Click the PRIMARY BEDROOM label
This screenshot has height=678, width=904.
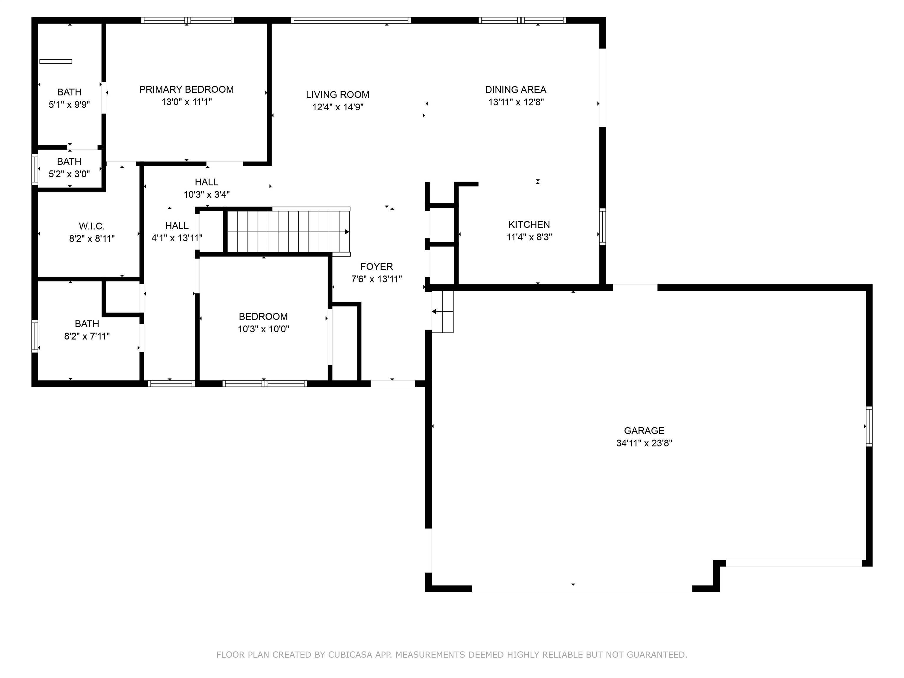tap(186, 89)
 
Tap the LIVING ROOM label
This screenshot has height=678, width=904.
tap(338, 95)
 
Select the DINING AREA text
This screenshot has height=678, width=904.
tap(516, 89)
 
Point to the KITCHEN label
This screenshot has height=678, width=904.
tap(529, 224)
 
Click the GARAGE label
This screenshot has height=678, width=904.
tap(644, 430)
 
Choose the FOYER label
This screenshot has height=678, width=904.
tap(376, 266)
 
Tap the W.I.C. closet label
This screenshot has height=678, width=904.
tap(92, 226)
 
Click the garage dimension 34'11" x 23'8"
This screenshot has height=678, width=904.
tap(644, 443)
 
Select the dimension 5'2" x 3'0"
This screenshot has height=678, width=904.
tap(69, 174)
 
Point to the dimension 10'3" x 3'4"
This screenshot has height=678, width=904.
tap(207, 195)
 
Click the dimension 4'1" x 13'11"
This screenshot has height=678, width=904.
tap(177, 238)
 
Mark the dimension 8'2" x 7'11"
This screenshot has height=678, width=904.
tap(87, 336)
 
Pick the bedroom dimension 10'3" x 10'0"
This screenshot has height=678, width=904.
tap(264, 329)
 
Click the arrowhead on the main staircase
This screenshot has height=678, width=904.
tap(347, 232)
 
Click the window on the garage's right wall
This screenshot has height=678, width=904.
tap(869, 426)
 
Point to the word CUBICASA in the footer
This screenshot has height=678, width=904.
tap(350, 655)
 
